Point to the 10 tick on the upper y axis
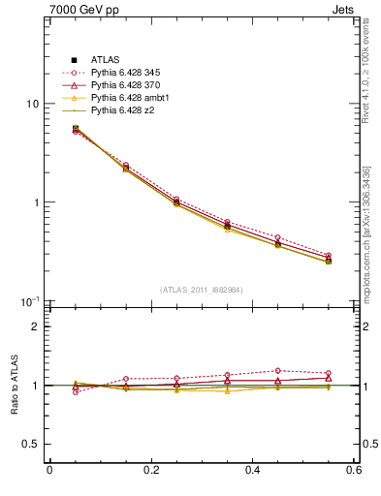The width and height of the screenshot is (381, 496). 33,104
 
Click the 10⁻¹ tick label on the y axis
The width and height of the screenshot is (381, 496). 29,301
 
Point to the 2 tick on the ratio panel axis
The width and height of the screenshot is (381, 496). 36,326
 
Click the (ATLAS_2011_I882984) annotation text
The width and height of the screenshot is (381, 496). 201,290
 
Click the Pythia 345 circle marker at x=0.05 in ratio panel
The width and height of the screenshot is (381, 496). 75,391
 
